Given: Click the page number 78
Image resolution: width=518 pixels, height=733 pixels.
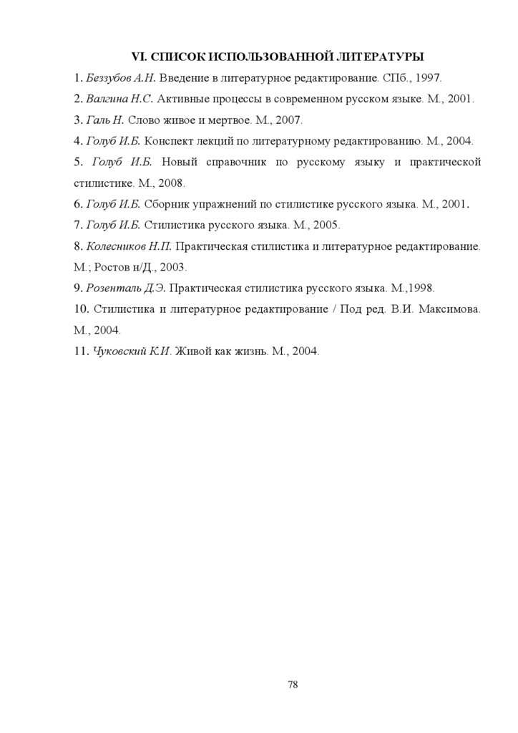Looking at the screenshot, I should (x=293, y=684).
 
